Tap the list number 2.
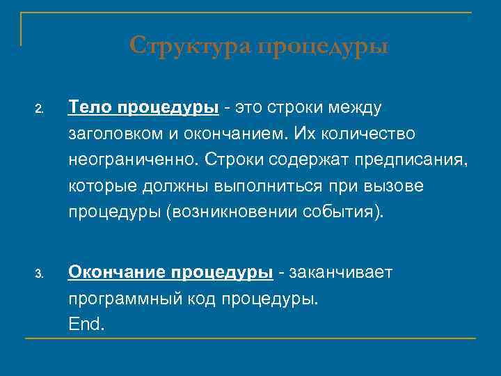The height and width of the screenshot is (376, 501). [x=40, y=110]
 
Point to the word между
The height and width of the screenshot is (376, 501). [x=354, y=108]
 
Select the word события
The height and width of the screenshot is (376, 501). [x=342, y=212]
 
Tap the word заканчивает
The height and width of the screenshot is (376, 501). [x=340, y=272]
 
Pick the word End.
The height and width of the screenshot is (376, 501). [x=86, y=324]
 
